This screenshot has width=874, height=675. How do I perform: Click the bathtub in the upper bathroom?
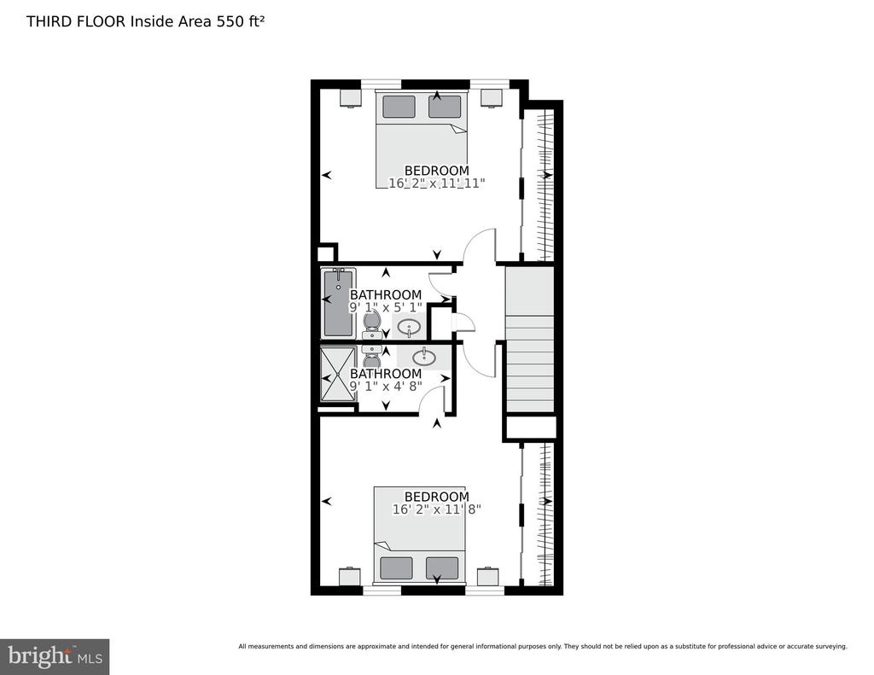point(339,303)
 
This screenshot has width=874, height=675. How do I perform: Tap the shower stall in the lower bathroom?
point(338,374)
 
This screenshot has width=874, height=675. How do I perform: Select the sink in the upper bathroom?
point(409,328)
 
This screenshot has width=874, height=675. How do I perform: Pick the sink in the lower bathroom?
point(424,357)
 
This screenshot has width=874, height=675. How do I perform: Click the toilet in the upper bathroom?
point(372,325)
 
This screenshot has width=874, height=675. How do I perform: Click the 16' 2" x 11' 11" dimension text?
point(436,183)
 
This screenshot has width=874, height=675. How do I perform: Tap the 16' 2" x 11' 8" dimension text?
point(436,509)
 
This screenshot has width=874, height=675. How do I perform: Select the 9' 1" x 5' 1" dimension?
point(386,308)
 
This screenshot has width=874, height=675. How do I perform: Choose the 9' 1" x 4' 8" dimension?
point(386,386)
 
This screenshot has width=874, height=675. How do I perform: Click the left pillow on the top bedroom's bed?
point(399,107)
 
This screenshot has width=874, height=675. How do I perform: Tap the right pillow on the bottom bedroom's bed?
point(442,568)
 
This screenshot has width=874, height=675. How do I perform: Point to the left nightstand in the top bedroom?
point(351,97)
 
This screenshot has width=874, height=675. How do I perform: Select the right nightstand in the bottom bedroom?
point(487,576)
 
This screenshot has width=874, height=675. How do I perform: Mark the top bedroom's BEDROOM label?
point(436,171)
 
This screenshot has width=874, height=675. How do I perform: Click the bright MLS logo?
point(55,656)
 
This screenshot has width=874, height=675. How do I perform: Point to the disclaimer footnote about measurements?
point(543,647)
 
